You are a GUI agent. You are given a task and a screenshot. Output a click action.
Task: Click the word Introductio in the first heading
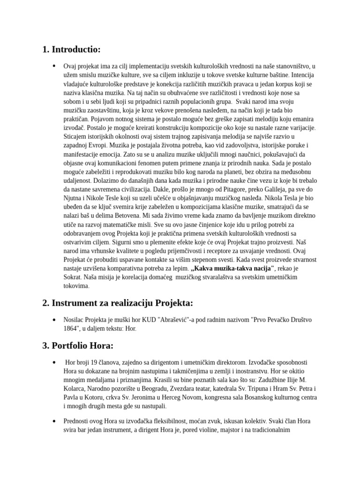tap(76, 49)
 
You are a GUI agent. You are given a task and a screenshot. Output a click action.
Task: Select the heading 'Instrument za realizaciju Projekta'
tap(117, 302)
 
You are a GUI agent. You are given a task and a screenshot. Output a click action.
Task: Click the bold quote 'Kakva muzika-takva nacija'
tap(232, 269)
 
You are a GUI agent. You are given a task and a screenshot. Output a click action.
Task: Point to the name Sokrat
tap(73, 277)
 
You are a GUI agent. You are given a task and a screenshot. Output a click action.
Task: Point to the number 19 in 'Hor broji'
tap(91, 362)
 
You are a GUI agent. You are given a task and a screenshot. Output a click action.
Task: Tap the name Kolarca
tap(75, 389)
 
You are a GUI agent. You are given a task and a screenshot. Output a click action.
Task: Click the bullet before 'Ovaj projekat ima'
tap(54, 66)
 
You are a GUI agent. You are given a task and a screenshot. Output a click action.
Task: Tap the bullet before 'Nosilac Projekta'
tap(54, 320)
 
